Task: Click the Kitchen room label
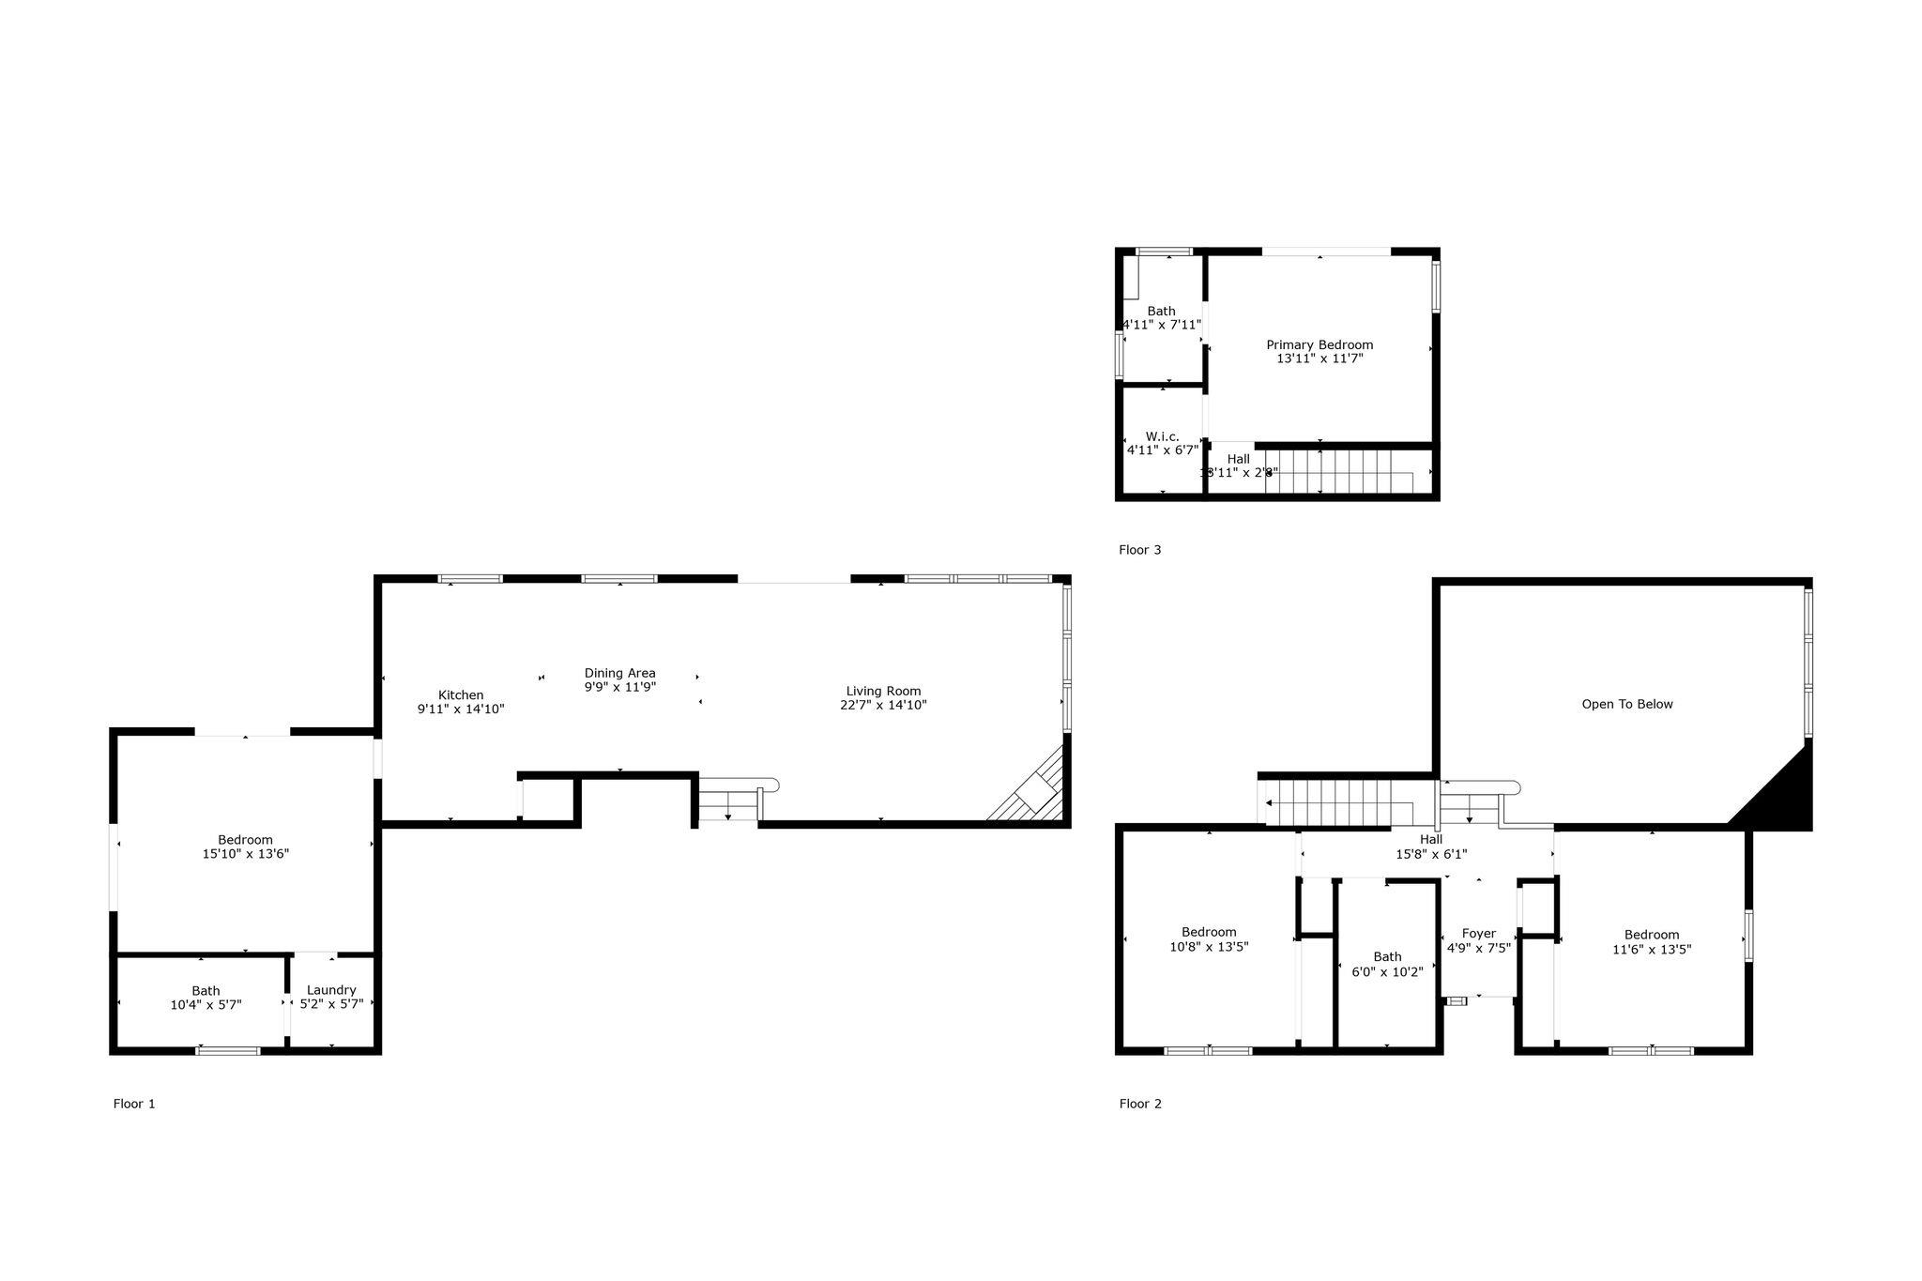(460, 695)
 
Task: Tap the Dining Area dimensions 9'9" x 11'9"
(619, 687)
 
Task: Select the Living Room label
(883, 691)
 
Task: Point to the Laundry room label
(331, 990)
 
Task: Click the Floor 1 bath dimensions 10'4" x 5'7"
(206, 1004)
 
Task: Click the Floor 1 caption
(134, 1104)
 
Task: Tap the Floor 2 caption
(1140, 1104)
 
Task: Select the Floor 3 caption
(1139, 550)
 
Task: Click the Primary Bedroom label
(1319, 344)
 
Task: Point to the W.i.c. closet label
(1162, 436)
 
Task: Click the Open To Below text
(1627, 704)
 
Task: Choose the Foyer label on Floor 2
(1479, 934)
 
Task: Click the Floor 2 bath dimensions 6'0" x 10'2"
(1387, 972)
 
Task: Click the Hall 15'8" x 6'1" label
(1431, 846)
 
